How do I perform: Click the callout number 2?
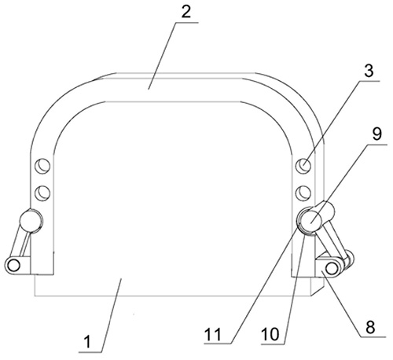point(186,12)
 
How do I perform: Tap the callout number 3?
point(369,71)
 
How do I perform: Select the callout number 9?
point(376,134)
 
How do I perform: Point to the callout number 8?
point(370,327)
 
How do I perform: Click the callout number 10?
point(270,334)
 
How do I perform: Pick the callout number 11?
point(213,334)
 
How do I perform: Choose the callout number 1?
point(87,342)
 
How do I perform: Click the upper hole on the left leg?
point(42,166)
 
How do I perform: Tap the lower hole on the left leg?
point(42,193)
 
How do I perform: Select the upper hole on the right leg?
point(303,166)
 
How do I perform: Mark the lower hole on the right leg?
point(303,193)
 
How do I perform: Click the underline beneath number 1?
point(90,352)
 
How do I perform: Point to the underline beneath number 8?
point(373,336)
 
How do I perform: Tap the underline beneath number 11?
point(218,343)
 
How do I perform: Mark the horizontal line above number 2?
point(186,23)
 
